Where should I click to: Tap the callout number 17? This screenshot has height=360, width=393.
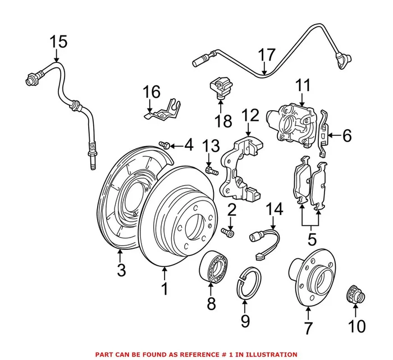tap(268, 55)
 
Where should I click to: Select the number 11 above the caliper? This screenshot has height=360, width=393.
tap(303, 86)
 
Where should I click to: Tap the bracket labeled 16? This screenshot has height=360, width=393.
tap(162, 111)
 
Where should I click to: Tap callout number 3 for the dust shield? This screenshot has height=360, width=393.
tap(121, 271)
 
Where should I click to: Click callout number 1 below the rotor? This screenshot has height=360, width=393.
tap(164, 289)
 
